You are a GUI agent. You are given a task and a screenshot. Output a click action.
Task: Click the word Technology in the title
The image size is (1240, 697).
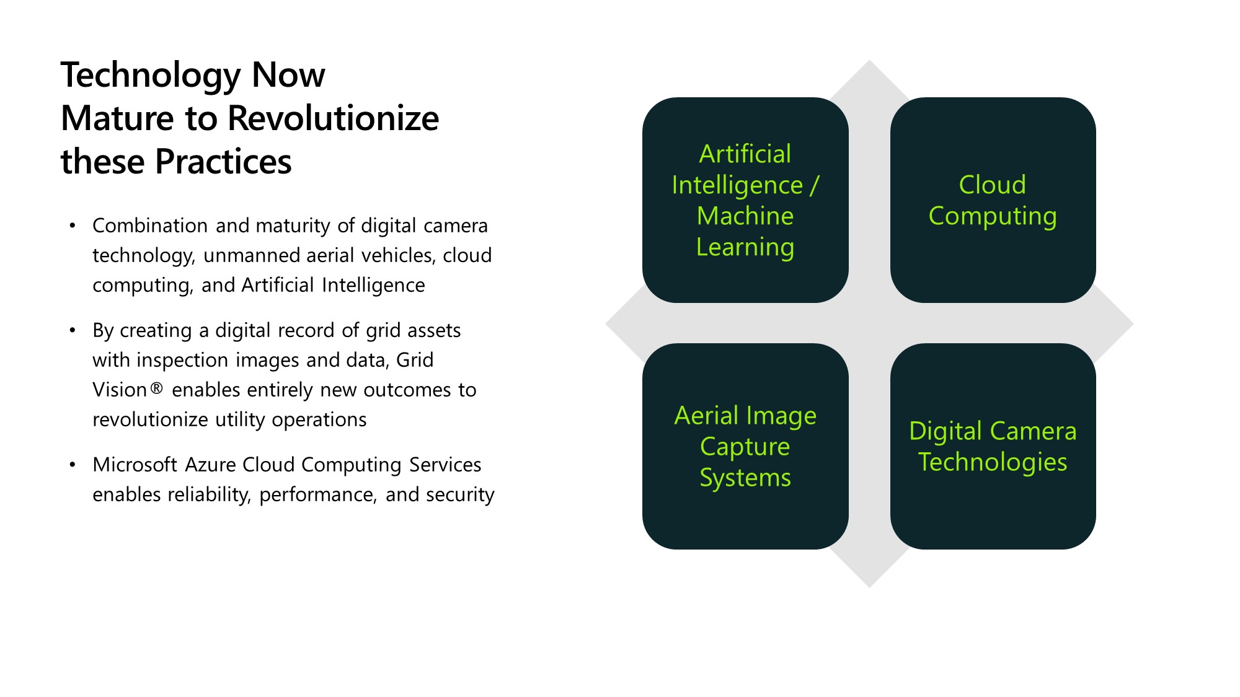pos(151,76)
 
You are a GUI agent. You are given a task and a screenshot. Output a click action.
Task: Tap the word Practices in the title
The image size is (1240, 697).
pos(223,162)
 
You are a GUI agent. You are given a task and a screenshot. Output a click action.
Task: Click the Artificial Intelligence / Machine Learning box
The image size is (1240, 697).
pos(745,199)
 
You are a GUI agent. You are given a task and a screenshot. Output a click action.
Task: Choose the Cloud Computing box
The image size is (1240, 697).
pos(993,199)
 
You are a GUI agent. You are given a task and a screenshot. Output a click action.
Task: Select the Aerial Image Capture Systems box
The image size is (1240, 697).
pos(745,446)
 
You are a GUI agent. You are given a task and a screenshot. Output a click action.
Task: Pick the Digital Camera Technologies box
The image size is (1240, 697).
pos(993,446)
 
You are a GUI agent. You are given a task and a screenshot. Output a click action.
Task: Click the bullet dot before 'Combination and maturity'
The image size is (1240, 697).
pos(73,226)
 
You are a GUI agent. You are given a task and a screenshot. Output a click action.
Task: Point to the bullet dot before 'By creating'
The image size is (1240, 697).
pos(73,330)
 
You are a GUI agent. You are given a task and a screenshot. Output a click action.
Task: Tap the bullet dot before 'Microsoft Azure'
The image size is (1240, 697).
pos(73,465)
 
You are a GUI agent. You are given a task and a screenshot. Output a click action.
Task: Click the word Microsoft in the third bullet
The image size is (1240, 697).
pos(135,465)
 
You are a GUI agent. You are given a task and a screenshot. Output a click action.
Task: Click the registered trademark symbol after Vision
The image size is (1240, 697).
pos(157,389)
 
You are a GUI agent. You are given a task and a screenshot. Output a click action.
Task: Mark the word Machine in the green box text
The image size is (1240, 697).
pos(745,216)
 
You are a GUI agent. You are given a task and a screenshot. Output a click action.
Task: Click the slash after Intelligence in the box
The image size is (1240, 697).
pos(814,185)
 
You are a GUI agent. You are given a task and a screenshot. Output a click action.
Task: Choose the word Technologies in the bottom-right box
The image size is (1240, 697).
pos(993,462)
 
